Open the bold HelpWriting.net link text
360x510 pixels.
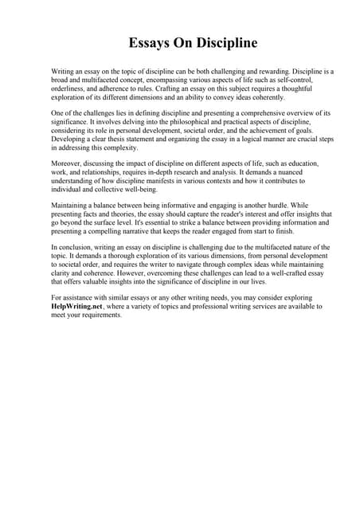point(79,306)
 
